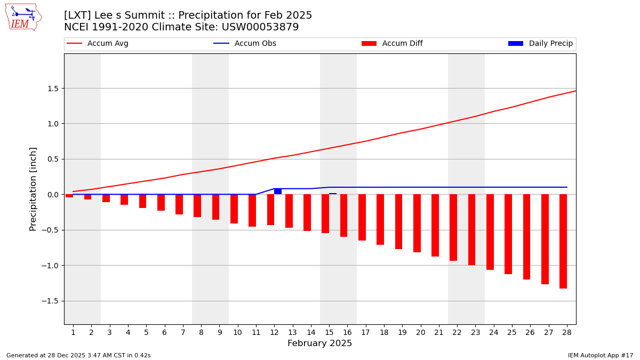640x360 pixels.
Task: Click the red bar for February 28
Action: [563, 241]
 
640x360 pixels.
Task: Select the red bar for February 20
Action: [417, 223]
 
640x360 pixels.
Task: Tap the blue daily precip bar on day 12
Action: [278, 191]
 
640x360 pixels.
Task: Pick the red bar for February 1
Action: [69, 196]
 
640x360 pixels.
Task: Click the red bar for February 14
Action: [307, 212]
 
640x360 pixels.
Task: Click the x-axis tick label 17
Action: [365, 333]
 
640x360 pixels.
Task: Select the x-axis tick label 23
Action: [475, 333]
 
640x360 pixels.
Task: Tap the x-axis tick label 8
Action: [201, 333]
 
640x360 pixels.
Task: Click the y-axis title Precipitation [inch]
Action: [33, 189]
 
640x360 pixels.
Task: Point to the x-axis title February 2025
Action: [319, 343]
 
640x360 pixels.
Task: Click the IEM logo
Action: [23, 17]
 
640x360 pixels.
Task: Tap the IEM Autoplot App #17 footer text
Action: [600, 355]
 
